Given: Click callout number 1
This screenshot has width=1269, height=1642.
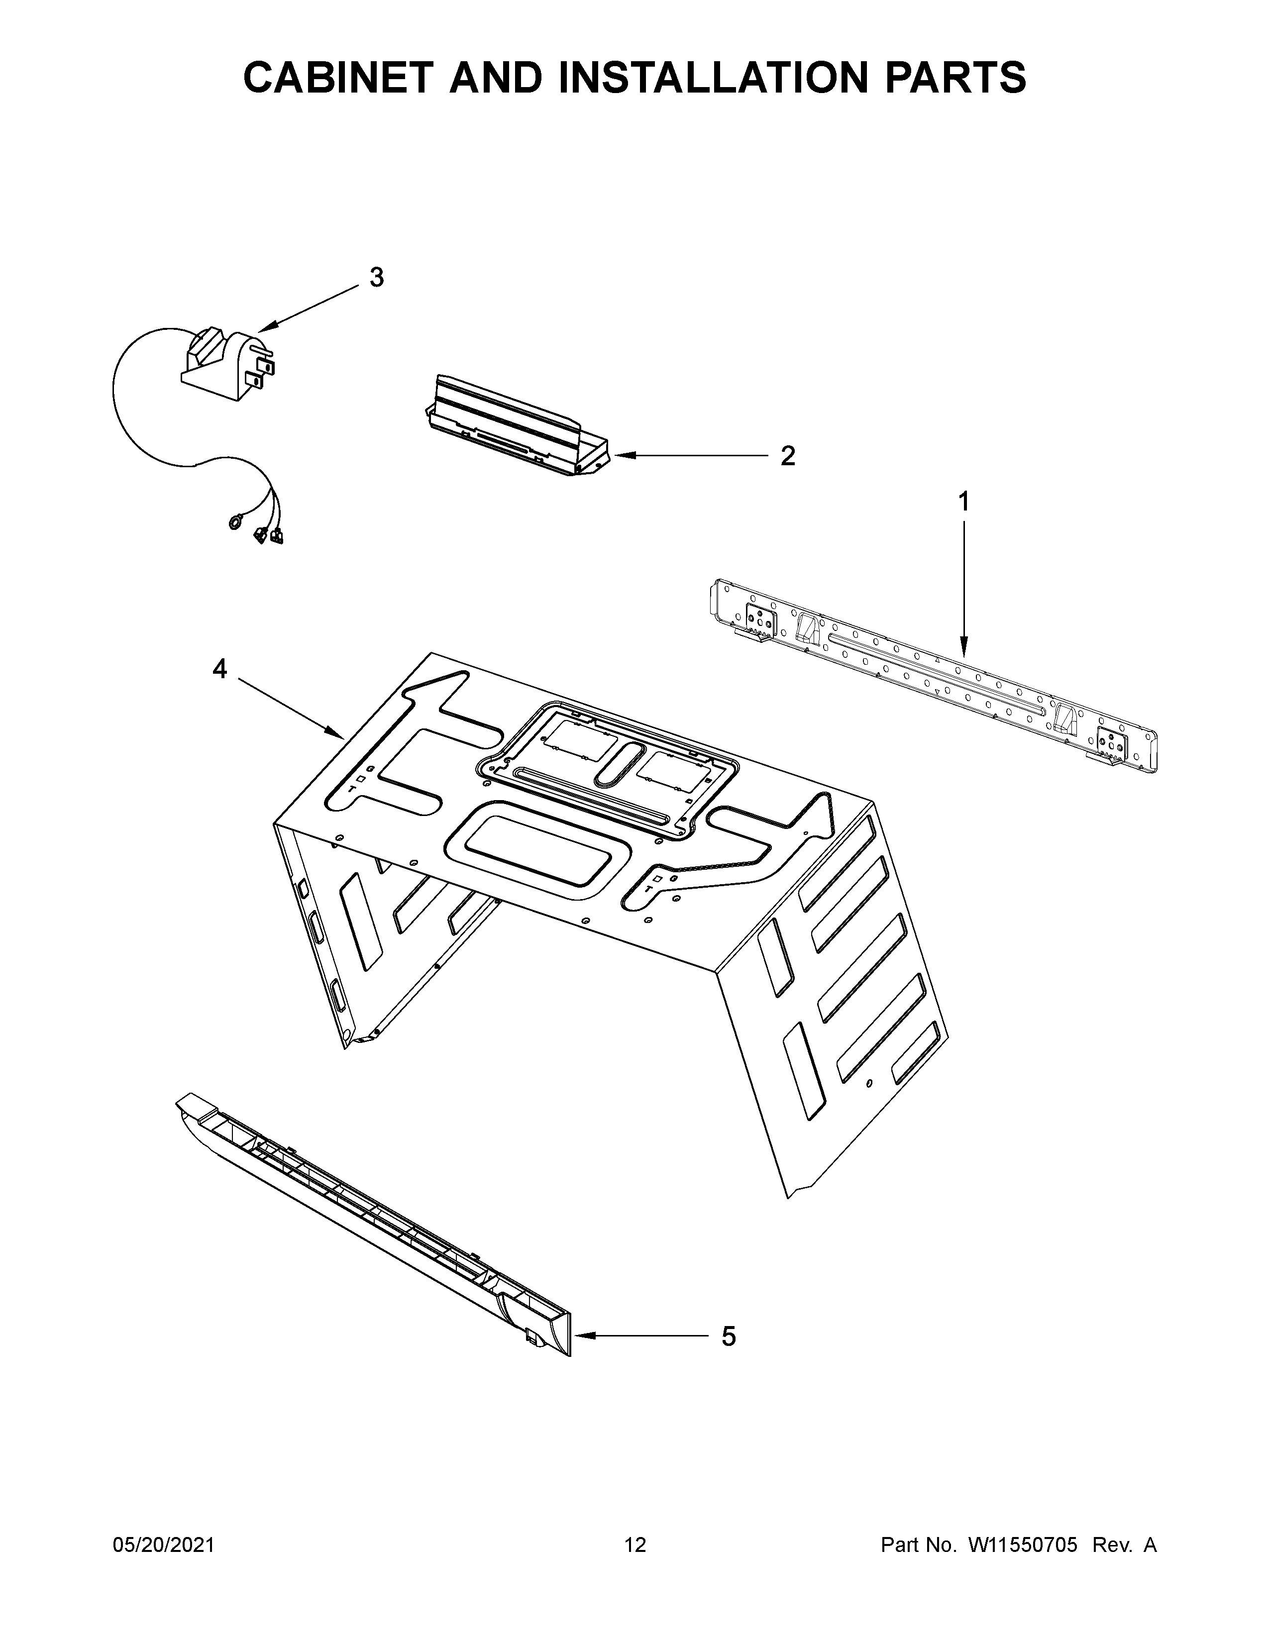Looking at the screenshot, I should click(963, 502).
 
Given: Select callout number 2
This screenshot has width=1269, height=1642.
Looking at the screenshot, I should click(787, 456).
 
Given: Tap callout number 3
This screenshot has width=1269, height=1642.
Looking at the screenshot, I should click(377, 278).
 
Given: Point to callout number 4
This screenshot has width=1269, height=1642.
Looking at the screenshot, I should click(219, 668).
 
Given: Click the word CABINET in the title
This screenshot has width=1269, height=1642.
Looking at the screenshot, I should click(338, 78).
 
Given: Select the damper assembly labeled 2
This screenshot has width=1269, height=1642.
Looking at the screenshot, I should click(511, 426).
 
